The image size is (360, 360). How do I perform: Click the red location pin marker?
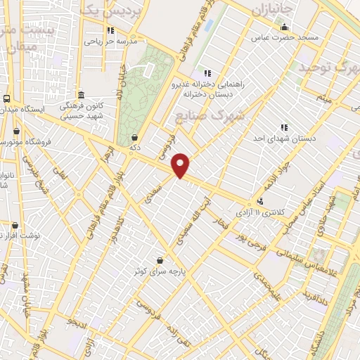[x=181, y=165]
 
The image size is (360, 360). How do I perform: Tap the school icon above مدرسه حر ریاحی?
[x=110, y=30]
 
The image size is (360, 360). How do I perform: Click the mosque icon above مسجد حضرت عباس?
[x=285, y=27]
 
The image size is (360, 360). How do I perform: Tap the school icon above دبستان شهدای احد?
[x=284, y=127]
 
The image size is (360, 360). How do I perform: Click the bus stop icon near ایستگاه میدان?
[x=6, y=99]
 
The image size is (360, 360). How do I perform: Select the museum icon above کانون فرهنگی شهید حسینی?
[x=81, y=95]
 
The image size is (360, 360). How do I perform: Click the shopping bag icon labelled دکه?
[x=134, y=138]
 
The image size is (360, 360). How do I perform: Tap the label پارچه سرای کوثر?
[x=161, y=270]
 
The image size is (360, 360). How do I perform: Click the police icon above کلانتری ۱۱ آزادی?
[x=261, y=202]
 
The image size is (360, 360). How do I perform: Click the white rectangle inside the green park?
[x=149, y=70]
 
